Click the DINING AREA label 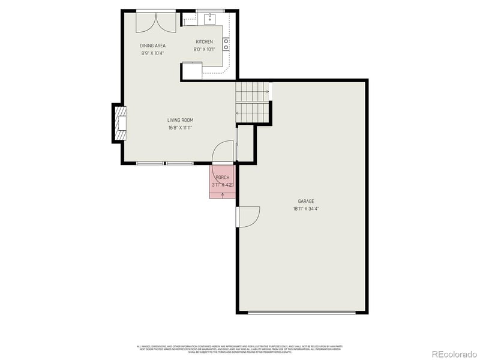(152, 46)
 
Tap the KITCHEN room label (204, 42)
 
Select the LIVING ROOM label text (180, 120)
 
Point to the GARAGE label (306, 202)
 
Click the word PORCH (223, 178)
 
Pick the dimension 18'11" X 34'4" (306, 209)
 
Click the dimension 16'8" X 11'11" (180, 127)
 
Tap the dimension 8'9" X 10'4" (152, 53)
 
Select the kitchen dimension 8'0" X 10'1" (204, 49)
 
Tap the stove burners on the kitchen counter (226, 43)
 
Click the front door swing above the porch (223, 151)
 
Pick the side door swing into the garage (248, 217)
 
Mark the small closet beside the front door (245, 143)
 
